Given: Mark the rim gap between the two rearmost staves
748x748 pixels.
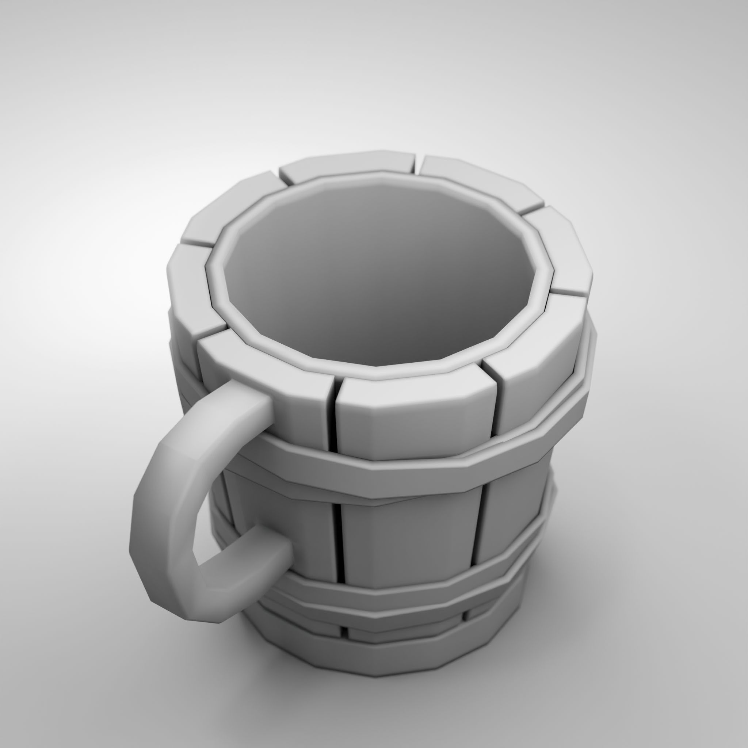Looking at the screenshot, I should click(418, 165).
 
